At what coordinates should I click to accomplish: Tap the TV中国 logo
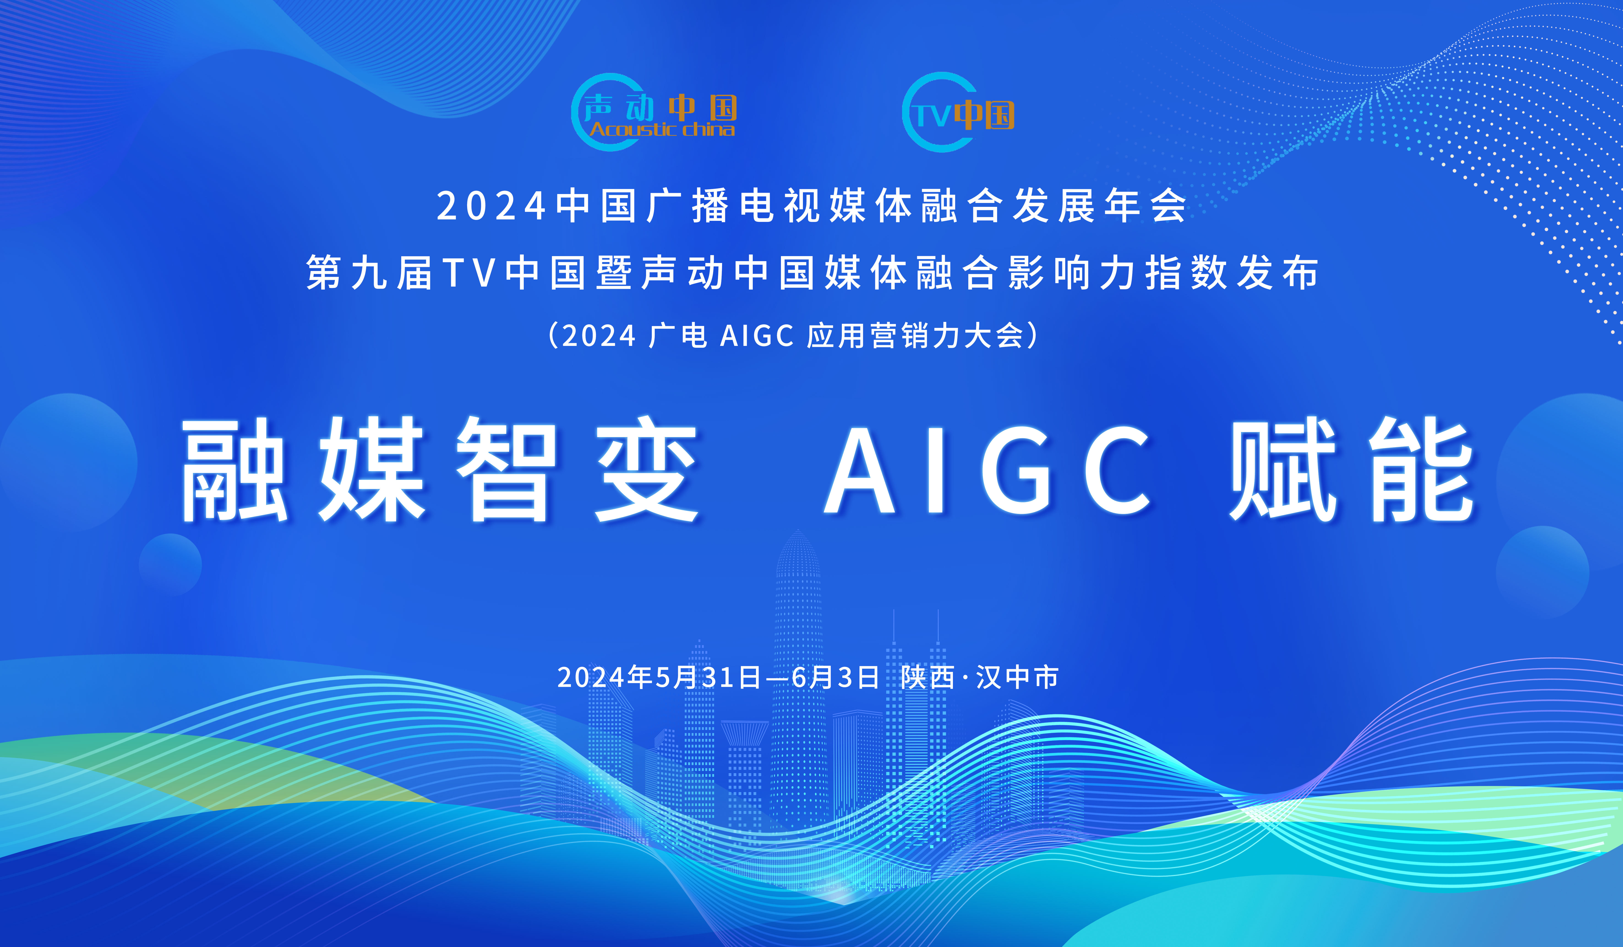958,113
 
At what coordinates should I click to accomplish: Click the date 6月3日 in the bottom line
835,677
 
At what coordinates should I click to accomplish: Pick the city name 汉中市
1017,677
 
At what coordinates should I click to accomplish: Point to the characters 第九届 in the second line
369,273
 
